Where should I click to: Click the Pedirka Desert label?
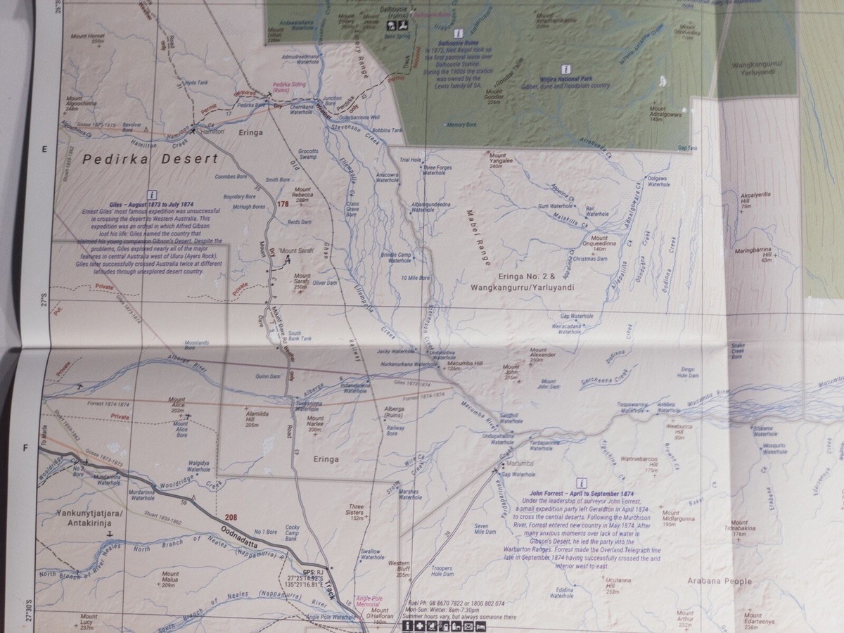point(150,160)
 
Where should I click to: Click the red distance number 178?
point(283,204)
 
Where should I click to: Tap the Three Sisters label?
point(357,512)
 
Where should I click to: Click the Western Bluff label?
point(399,567)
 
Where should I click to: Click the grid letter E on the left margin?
point(43,149)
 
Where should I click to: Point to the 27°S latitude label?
point(43,305)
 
